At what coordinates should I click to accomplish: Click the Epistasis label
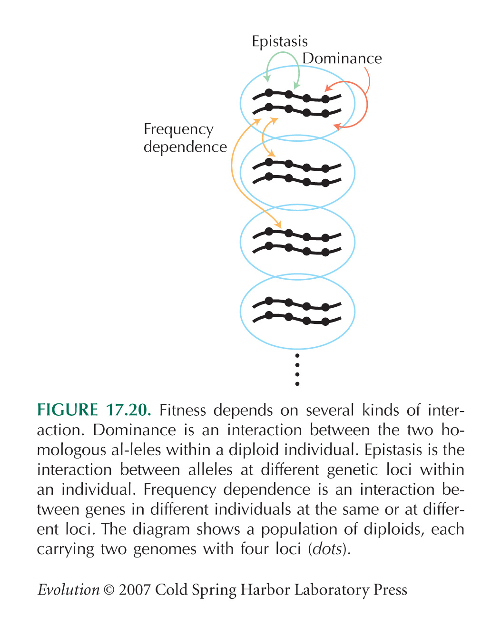click(280, 42)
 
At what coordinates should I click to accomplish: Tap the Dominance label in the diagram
click(342, 59)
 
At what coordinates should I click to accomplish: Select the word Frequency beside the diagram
click(178, 129)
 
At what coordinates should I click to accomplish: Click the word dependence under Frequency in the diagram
click(185, 147)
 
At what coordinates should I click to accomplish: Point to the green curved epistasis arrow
click(283, 52)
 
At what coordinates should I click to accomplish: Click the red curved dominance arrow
click(367, 104)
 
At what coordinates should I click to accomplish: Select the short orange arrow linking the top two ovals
click(263, 137)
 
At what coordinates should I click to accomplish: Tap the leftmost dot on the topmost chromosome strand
click(269, 93)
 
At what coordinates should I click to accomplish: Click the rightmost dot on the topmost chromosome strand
click(325, 99)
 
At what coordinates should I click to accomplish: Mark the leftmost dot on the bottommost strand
click(269, 315)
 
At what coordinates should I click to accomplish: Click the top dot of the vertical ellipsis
click(297, 356)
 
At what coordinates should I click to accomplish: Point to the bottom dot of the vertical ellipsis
click(297, 384)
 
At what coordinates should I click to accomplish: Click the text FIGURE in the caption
click(67, 410)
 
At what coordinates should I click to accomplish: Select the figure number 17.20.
click(128, 410)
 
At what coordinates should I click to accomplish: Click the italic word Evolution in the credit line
click(68, 590)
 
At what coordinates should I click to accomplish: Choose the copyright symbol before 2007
click(109, 590)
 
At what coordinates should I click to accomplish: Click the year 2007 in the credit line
click(135, 590)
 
